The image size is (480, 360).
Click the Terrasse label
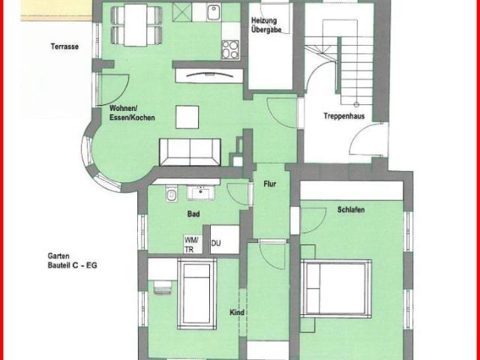[x=64, y=46]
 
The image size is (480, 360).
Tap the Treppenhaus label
[x=344, y=116]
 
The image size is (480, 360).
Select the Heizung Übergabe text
[x=265, y=25]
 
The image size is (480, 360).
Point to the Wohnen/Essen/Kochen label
[x=132, y=113]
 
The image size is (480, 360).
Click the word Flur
[x=270, y=184]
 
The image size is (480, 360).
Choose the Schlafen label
[x=351, y=210]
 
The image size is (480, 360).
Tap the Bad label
[x=193, y=214]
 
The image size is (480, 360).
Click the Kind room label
[x=237, y=313]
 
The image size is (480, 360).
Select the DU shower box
[x=225, y=240]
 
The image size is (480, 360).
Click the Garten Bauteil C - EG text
[x=72, y=260]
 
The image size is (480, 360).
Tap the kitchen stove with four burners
[x=230, y=50]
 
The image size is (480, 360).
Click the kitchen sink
[x=214, y=13]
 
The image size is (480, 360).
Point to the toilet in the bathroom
[x=172, y=193]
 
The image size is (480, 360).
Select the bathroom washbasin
[x=201, y=193]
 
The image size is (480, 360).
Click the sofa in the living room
[x=190, y=152]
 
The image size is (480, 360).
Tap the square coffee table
[x=187, y=117]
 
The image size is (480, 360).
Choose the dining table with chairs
[x=136, y=25]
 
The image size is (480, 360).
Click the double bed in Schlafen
[x=336, y=289]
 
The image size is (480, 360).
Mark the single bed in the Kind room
[x=196, y=294]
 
